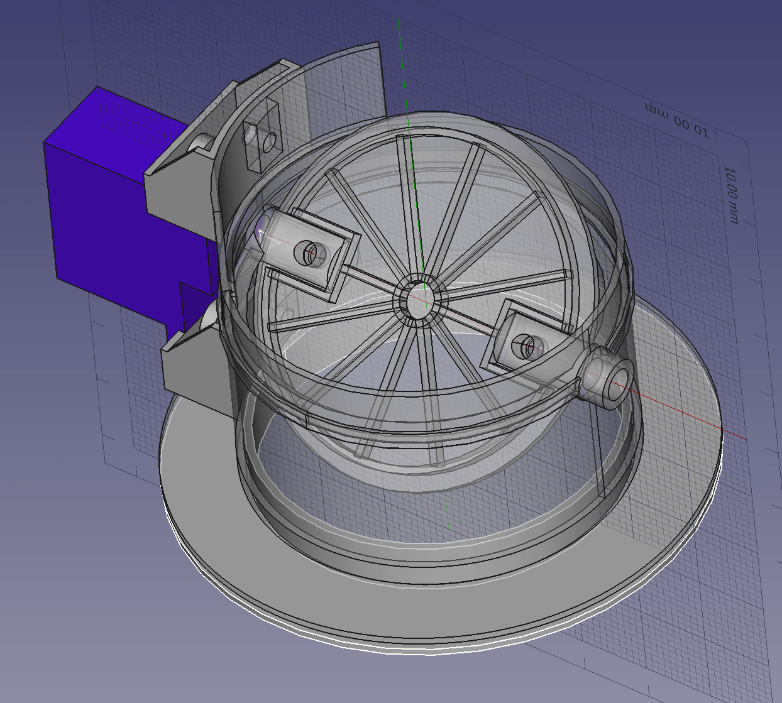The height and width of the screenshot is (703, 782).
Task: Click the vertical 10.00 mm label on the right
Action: (731, 194)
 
